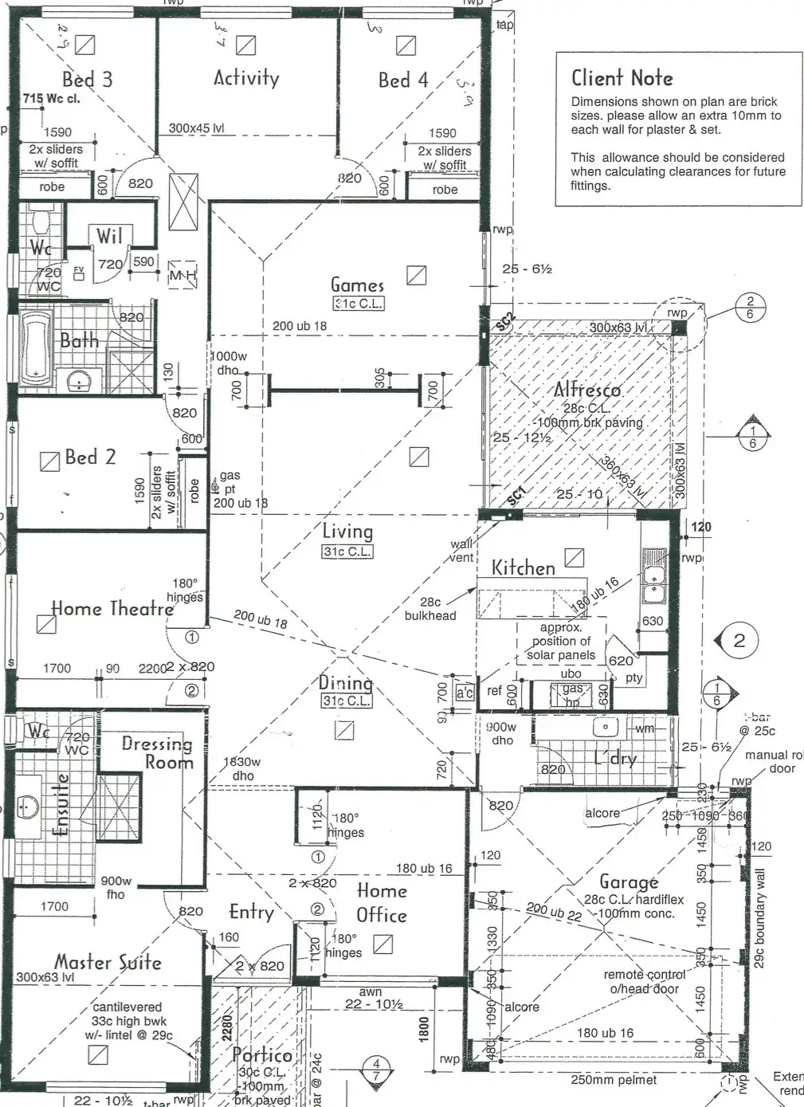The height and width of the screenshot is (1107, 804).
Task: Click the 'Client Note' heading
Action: [622, 78]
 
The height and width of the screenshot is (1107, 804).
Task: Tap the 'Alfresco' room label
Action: [587, 390]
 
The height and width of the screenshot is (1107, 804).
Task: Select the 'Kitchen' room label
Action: [523, 568]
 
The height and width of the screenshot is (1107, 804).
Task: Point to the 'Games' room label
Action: [357, 285]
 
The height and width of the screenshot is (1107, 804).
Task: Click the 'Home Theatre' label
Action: [112, 609]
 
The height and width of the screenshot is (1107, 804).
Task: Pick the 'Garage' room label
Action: [629, 882]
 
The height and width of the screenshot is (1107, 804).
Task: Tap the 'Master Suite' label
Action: [108, 962]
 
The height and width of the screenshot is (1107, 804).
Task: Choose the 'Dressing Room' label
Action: [158, 752]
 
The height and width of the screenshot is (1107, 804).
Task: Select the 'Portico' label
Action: [262, 1054]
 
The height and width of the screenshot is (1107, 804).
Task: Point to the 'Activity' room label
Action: [246, 77]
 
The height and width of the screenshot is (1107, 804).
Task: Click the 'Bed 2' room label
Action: [90, 457]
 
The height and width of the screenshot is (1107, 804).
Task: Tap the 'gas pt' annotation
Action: [229, 482]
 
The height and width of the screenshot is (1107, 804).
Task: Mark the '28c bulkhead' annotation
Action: [429, 609]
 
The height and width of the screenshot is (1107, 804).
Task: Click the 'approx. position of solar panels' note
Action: [561, 642]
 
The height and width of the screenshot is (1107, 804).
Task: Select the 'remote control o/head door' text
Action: [644, 981]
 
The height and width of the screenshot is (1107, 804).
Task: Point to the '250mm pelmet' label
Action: [614, 1080]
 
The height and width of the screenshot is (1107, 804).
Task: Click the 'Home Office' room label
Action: [382, 902]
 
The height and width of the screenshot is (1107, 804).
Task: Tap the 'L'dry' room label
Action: [615, 758]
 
